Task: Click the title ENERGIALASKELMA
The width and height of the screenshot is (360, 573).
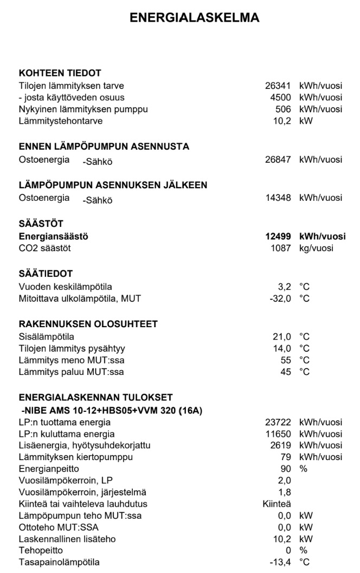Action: pos(195,18)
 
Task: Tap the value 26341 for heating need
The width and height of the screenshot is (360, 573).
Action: pos(281,85)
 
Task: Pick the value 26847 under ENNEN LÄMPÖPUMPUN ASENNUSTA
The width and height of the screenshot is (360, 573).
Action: pos(281,160)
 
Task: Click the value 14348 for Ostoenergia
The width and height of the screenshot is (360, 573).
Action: pos(281,198)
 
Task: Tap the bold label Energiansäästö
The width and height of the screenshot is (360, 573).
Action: pos(54,237)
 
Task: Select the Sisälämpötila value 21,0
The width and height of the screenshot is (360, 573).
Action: pos(284,336)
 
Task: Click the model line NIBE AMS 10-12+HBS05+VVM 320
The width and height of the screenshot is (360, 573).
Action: pos(111,411)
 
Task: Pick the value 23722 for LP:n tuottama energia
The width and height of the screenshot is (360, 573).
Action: pos(281,423)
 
